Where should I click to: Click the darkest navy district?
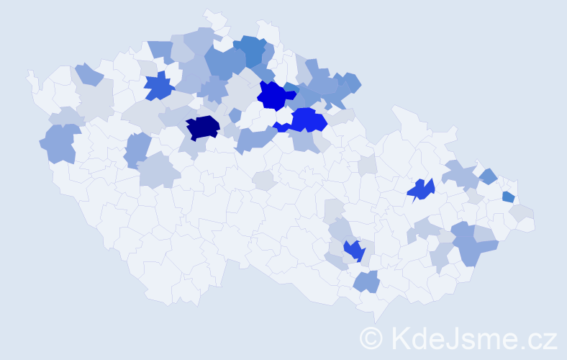tap(202, 127)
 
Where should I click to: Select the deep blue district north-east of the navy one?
tap(274, 94)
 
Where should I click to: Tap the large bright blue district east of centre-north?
tap(308, 120)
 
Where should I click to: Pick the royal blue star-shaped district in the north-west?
tap(159, 86)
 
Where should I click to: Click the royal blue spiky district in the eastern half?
tap(421, 189)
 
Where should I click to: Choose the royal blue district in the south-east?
tap(354, 251)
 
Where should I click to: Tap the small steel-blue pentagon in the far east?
tap(508, 197)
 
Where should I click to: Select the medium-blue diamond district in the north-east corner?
tap(488, 176)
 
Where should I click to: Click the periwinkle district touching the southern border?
tap(367, 281)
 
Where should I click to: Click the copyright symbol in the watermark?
tap(371, 338)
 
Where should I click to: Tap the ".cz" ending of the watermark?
tap(540, 338)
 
